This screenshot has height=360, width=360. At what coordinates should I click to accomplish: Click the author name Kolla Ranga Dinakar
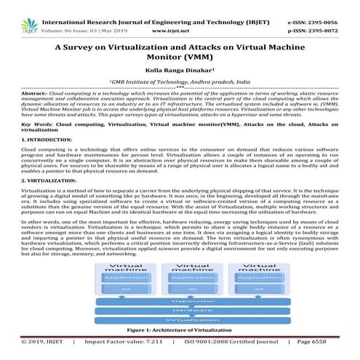179,73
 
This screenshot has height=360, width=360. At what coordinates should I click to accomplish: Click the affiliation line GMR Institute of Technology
179,84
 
